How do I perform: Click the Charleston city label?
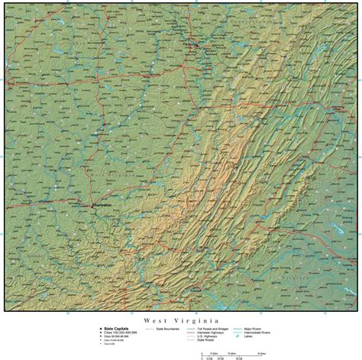click(x=102, y=205)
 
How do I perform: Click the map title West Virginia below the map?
click(x=181, y=321)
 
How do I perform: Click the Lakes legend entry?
click(x=250, y=335)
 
